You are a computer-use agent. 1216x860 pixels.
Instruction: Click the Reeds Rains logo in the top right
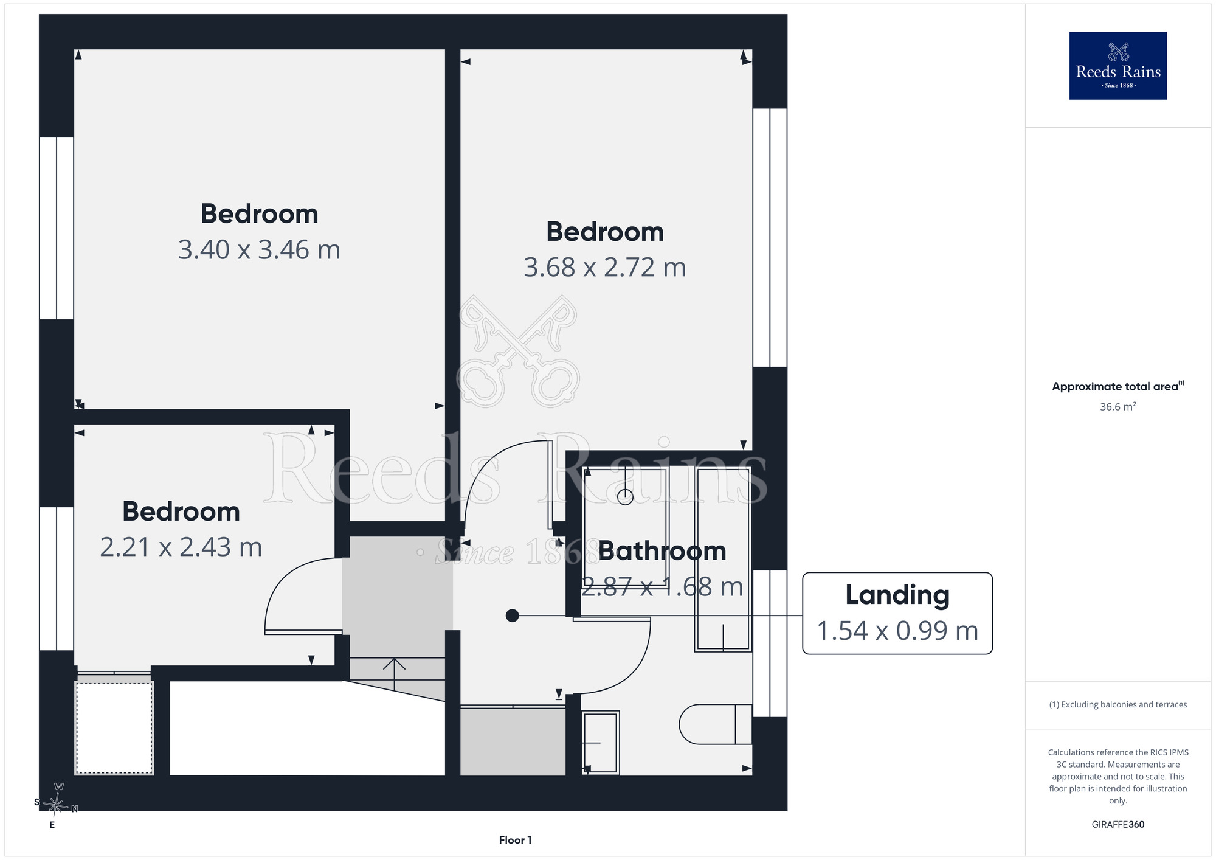tap(1118, 66)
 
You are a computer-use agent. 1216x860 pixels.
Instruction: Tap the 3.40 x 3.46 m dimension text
tap(259, 250)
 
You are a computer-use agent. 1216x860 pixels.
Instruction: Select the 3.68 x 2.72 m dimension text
tap(605, 268)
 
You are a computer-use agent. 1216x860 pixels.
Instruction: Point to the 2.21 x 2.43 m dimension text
tap(181, 547)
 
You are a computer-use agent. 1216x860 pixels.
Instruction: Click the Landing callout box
tap(897, 613)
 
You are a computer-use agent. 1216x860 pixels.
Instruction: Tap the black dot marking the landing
tap(513, 616)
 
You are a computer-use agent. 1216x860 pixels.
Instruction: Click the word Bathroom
tap(662, 551)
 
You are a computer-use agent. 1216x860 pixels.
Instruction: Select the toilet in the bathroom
tap(716, 724)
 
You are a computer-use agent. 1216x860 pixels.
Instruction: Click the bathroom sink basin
tap(600, 743)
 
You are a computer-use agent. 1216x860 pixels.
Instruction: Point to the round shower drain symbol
tap(625, 497)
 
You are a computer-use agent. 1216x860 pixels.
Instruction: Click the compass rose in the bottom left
tap(56, 805)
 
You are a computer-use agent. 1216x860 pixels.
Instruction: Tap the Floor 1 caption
tap(515, 840)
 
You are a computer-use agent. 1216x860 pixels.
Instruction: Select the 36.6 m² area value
tap(1118, 407)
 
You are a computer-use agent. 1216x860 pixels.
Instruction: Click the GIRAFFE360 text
tap(1118, 825)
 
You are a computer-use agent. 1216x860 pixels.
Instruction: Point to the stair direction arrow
tap(395, 674)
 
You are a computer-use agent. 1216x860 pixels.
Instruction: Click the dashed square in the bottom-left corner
tap(114, 728)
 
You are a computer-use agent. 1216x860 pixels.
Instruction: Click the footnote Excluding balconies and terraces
tap(1118, 704)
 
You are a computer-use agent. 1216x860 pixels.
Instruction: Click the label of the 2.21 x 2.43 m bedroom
tap(181, 511)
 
